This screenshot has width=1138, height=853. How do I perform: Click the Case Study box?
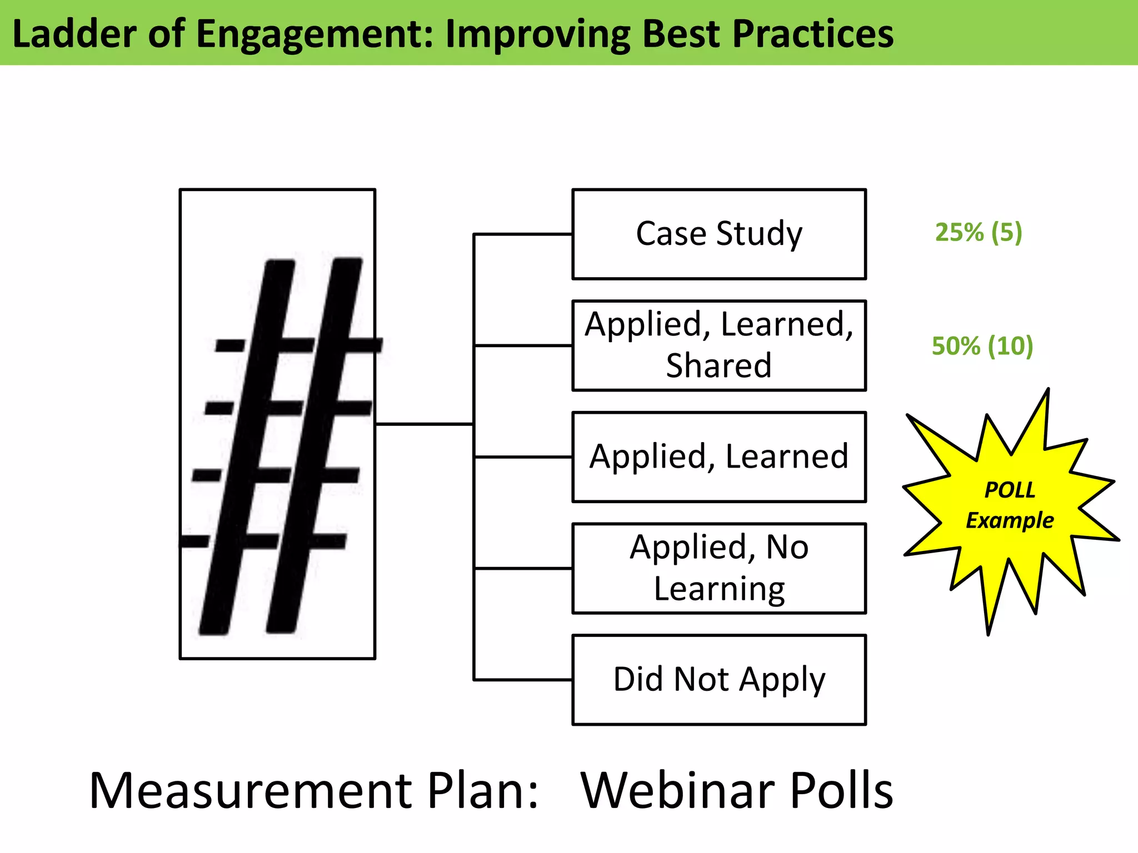point(718,234)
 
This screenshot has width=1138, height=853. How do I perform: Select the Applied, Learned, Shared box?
point(718,345)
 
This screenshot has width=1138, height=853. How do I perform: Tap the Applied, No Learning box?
point(718,568)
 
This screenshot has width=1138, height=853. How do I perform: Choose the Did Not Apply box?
point(718,679)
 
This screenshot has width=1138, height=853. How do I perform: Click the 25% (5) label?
point(978,232)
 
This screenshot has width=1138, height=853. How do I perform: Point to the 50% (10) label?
point(982,345)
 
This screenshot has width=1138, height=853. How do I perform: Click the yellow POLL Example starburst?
point(1009,505)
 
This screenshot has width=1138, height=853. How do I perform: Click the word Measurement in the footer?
point(250,791)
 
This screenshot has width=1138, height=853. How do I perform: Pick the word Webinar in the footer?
point(677,791)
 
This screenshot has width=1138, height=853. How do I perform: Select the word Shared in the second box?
point(718,365)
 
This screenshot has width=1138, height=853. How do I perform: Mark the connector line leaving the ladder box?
point(423,424)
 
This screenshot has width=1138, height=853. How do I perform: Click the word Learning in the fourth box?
point(719,589)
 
